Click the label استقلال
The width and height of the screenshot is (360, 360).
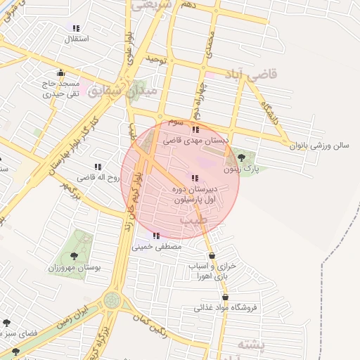click(x=76, y=38)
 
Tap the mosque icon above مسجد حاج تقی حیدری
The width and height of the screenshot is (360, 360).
click(x=61, y=72)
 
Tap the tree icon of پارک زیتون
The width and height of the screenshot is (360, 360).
click(x=241, y=157)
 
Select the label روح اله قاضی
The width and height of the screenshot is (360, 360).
click(x=96, y=178)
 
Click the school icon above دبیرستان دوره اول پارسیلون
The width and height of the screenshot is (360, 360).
click(x=195, y=178)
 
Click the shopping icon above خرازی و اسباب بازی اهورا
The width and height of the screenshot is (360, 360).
click(x=211, y=256)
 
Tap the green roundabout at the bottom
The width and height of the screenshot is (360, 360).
click(x=111, y=301)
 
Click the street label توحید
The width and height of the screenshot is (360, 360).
click(x=156, y=60)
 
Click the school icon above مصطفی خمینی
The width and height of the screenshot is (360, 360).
click(x=155, y=236)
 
